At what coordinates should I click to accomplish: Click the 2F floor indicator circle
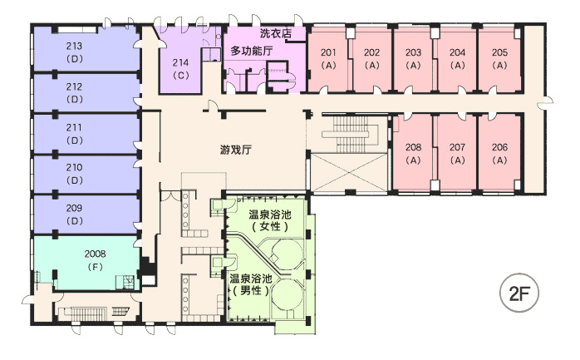point(519,293)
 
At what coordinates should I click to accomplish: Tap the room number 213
point(74,47)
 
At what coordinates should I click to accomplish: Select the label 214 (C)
point(181,69)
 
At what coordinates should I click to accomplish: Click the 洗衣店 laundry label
point(276,33)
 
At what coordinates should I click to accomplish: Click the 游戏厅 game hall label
point(236,150)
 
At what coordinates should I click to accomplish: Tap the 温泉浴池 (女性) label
point(270,220)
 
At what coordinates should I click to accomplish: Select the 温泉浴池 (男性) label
point(251,284)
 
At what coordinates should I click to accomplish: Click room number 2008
point(95,254)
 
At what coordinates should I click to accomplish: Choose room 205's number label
point(499,52)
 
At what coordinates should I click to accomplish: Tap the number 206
point(499,147)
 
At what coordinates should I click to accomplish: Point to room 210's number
point(74,167)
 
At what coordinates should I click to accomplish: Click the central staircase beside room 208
point(350,135)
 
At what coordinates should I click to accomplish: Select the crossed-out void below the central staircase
point(349,172)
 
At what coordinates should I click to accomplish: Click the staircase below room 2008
point(92,313)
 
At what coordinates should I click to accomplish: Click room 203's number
point(413,52)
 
